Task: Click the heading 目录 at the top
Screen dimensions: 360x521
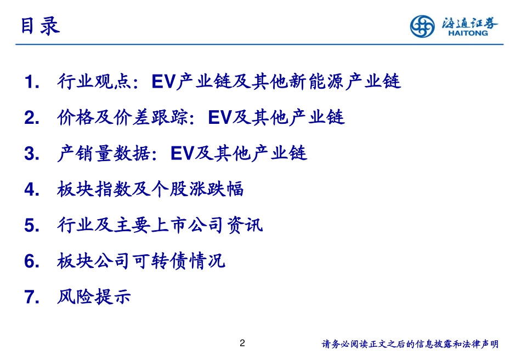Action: pyautogui.click(x=39, y=26)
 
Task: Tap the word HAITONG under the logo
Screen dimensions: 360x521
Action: pyautogui.click(x=467, y=34)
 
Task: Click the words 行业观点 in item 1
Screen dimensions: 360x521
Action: pyautogui.click(x=94, y=82)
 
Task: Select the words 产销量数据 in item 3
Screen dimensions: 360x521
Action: pyautogui.click(x=103, y=153)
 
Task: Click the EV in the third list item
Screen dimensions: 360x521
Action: pyautogui.click(x=183, y=154)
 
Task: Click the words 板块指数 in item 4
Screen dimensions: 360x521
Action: pyautogui.click(x=94, y=190)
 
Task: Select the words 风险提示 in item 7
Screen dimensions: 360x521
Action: pyautogui.click(x=94, y=297)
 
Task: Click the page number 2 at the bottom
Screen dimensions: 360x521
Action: pyautogui.click(x=243, y=344)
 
